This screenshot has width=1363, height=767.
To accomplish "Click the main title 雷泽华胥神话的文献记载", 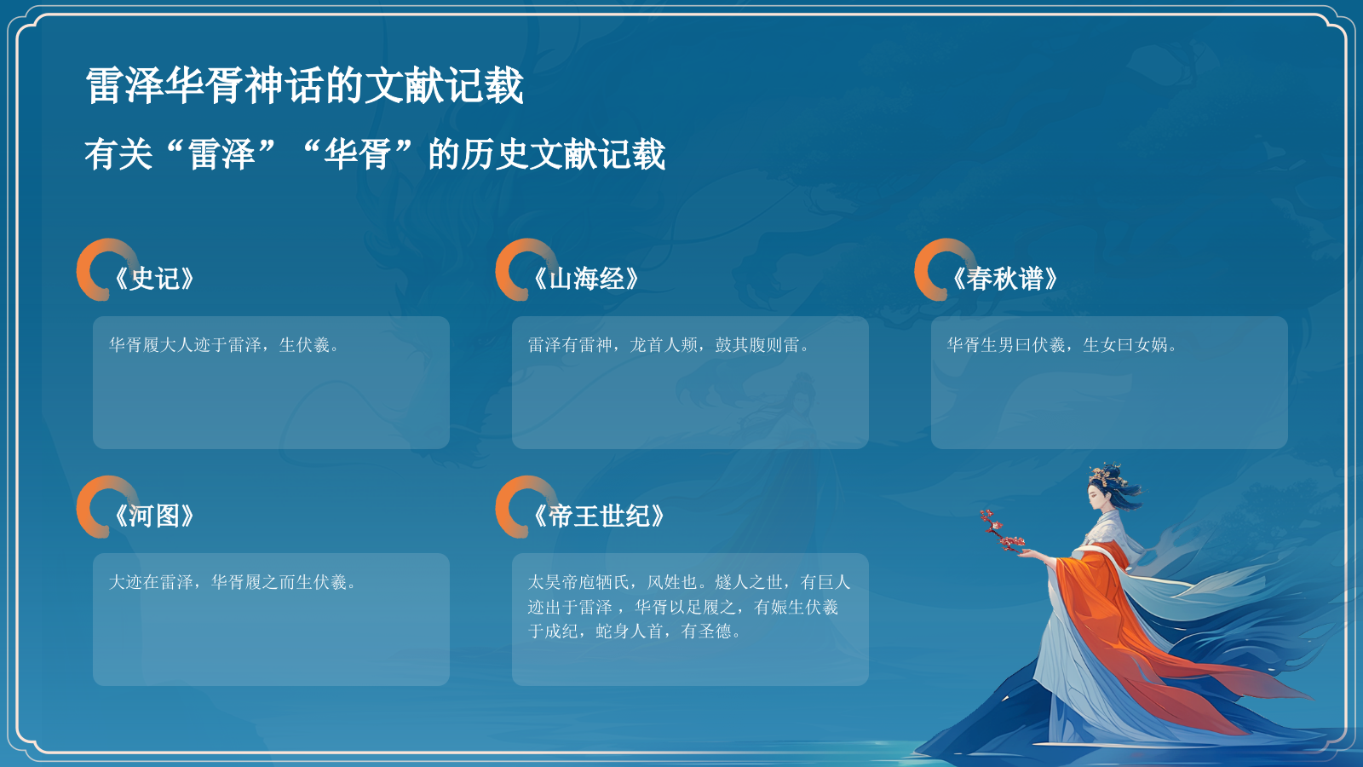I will [x=304, y=86].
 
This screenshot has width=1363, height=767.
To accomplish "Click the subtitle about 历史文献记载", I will [x=375, y=154].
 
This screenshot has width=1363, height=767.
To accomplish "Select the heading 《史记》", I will [x=155, y=279].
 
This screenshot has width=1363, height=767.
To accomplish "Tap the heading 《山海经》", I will [x=586, y=279].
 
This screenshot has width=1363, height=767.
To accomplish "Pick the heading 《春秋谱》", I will [x=1005, y=279].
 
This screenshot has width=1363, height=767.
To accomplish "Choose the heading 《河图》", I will [x=155, y=516].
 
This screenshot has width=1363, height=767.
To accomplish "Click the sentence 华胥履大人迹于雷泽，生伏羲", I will [x=223, y=345].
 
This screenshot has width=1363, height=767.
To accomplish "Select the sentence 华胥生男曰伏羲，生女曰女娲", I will [x=1061, y=345].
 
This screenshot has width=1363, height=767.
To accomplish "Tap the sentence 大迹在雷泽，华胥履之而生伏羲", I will [x=232, y=582].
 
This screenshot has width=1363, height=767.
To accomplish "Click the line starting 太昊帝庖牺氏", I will [x=688, y=582].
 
